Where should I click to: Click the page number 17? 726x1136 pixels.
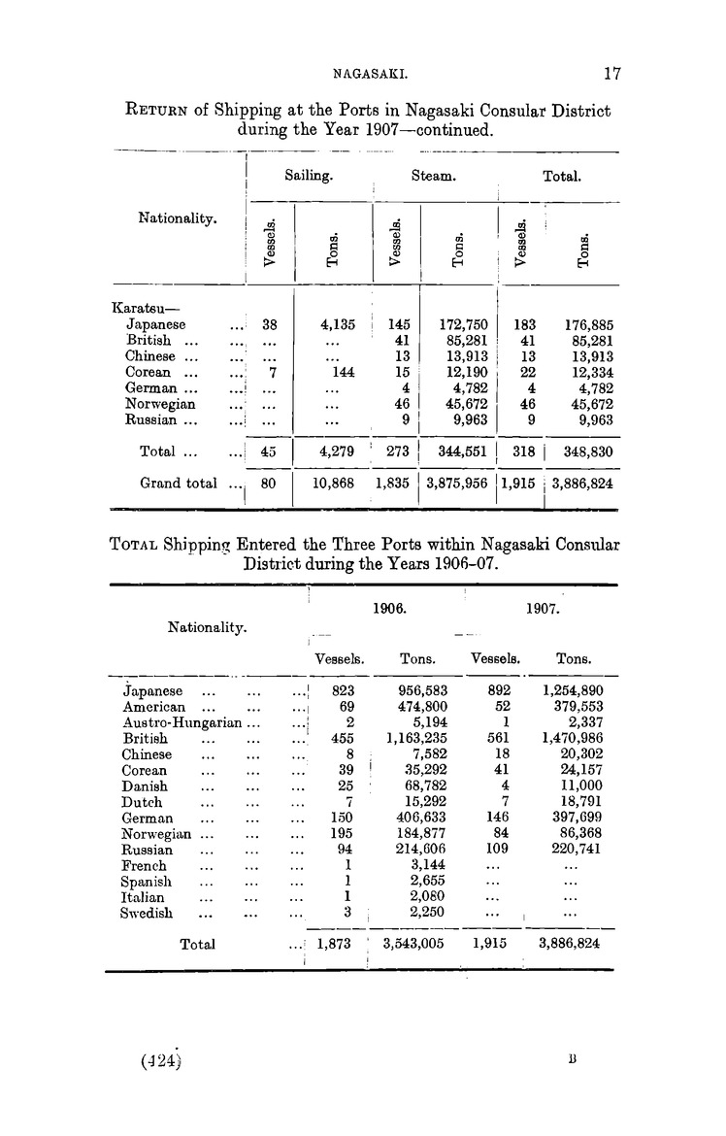(x=611, y=72)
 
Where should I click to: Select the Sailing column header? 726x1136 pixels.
(x=310, y=178)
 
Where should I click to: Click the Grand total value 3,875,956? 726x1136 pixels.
(x=457, y=483)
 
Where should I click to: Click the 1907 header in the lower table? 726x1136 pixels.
(x=542, y=612)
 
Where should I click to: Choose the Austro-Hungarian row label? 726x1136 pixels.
(x=185, y=722)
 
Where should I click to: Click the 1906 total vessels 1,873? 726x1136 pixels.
(x=336, y=943)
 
